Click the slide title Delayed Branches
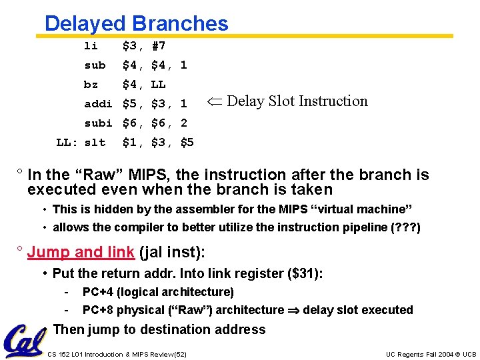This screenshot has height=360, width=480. [x=136, y=23]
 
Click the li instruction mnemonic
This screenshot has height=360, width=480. [x=91, y=46]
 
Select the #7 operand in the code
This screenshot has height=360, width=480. [x=159, y=46]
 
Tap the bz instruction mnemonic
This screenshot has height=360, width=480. [x=91, y=85]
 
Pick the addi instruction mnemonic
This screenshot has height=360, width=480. [x=98, y=104]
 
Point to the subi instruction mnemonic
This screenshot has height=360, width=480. [x=98, y=123]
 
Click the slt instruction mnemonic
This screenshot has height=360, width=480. [x=95, y=143]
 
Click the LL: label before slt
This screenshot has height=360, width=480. [x=66, y=143]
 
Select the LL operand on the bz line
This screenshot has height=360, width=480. [x=159, y=85]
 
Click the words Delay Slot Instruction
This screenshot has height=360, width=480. [x=297, y=101]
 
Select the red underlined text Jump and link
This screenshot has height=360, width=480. [x=81, y=252]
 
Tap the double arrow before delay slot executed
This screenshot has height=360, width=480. [x=293, y=310]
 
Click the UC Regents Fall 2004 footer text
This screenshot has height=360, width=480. [x=431, y=354]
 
